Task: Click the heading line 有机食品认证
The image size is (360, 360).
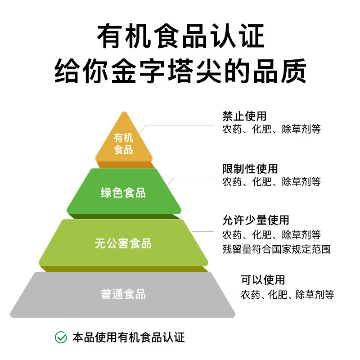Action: click(x=180, y=37)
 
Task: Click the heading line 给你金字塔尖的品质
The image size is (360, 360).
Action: click(x=180, y=71)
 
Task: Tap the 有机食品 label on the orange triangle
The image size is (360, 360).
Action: click(x=124, y=144)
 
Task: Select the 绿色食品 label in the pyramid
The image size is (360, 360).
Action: click(x=123, y=193)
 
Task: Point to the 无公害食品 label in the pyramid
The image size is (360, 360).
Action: click(x=123, y=244)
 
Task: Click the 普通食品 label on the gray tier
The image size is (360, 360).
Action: click(x=123, y=295)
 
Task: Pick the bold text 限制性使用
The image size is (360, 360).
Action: click(x=250, y=169)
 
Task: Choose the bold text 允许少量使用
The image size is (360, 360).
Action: click(x=256, y=220)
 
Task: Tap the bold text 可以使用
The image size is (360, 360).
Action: click(x=263, y=280)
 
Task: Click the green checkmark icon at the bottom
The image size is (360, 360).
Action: click(x=60, y=337)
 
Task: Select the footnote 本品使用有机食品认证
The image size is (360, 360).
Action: click(x=128, y=337)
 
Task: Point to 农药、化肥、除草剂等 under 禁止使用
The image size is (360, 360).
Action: click(x=272, y=129)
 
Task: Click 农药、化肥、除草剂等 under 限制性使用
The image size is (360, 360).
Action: click(x=272, y=182)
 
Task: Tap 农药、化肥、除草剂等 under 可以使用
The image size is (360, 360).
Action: click(x=288, y=295)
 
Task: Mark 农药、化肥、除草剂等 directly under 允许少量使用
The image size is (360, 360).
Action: click(x=272, y=234)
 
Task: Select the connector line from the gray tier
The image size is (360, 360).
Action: click(x=232, y=290)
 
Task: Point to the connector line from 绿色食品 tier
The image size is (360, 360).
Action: click(x=193, y=177)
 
